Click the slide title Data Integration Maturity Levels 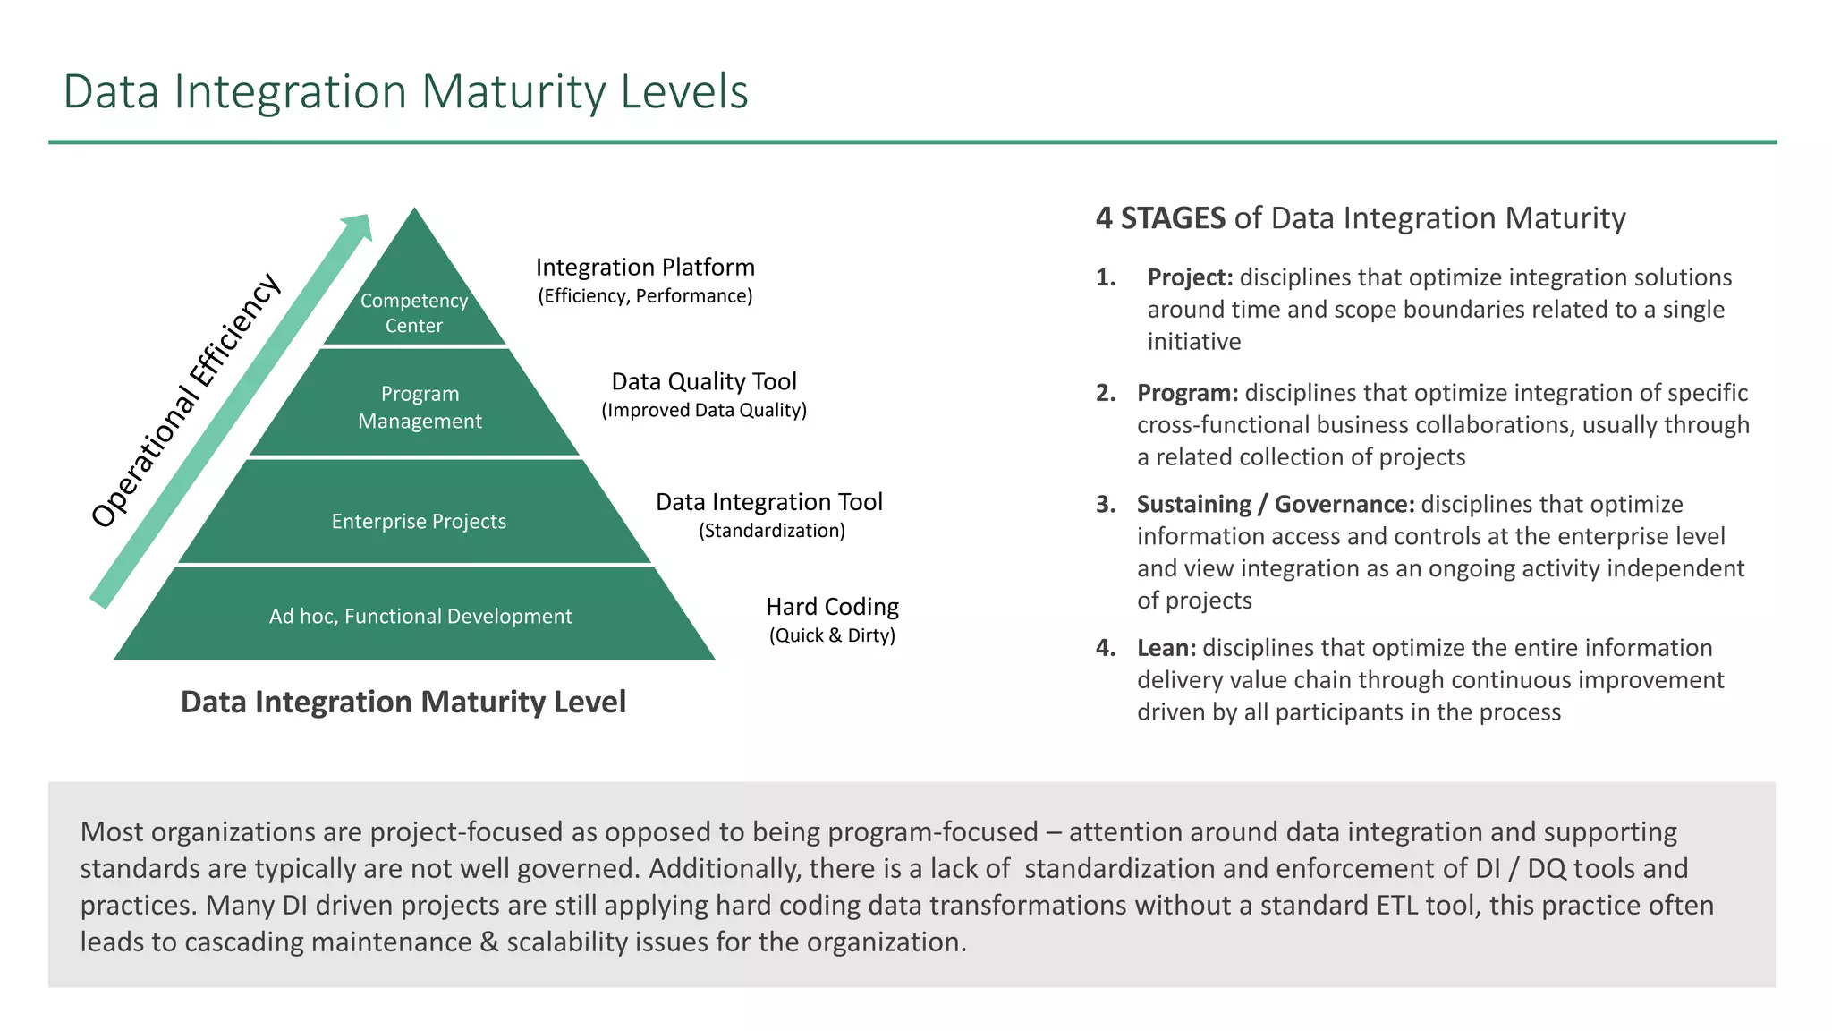pos(405,91)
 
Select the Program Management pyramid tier pos(420,407)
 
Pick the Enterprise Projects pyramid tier pos(419,521)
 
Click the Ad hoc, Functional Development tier pos(420,616)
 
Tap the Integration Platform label pos(645,267)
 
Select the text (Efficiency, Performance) pos(645,296)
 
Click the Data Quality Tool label pos(704,381)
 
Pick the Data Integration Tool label pos(769,501)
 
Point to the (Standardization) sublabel pos(771,531)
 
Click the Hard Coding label pos(832,606)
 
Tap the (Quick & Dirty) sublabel pos(832,635)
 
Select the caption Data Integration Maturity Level pos(403,702)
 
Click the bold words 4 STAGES pos(1160,217)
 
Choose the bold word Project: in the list pos(1190,277)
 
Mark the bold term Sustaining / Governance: pos(1276,504)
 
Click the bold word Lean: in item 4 pos(1166,647)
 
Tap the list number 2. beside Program pos(1106,393)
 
